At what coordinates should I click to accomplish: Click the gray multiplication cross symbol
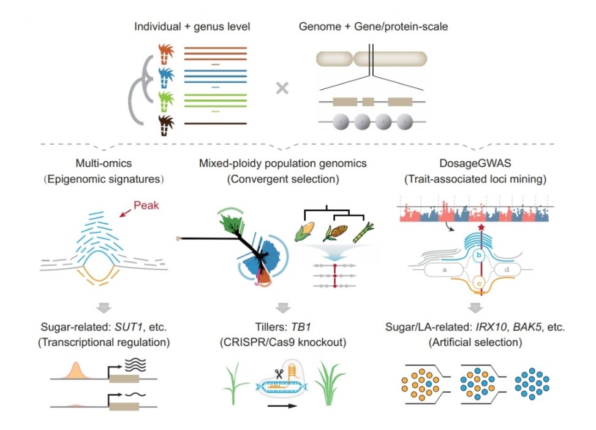pos(282,88)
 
